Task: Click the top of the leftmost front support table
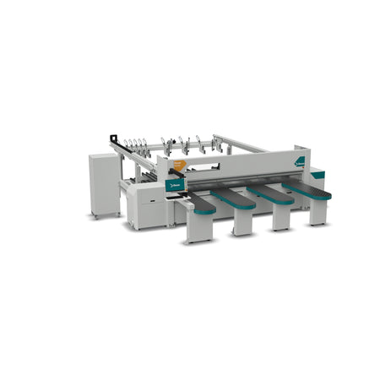[x=199, y=200]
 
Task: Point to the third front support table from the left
[x=270, y=192]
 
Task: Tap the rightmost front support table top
[x=306, y=187]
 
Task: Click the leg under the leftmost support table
[x=199, y=226]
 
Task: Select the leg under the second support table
[x=243, y=220]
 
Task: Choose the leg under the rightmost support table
[x=318, y=210]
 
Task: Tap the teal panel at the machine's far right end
[x=318, y=175]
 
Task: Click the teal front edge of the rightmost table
[x=320, y=196]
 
